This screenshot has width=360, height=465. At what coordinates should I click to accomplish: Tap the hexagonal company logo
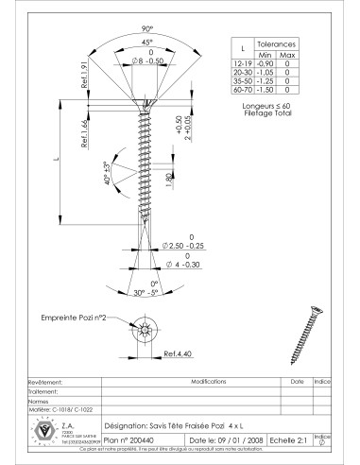pyautogui.click(x=41, y=430)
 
